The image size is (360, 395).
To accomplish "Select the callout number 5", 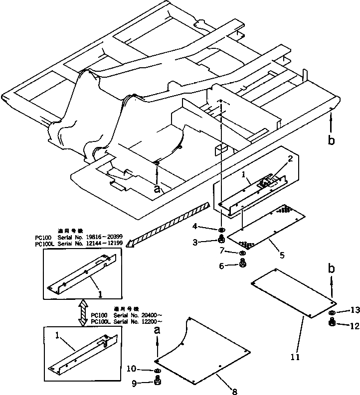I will click(x=282, y=256).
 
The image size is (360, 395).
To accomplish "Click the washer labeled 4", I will click(x=221, y=230).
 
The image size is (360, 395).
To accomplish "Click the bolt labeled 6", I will click(x=243, y=264).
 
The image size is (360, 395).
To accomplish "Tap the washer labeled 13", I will click(x=332, y=313).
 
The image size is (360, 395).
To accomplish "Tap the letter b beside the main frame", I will click(x=332, y=140).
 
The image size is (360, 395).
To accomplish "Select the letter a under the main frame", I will click(x=158, y=189).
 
